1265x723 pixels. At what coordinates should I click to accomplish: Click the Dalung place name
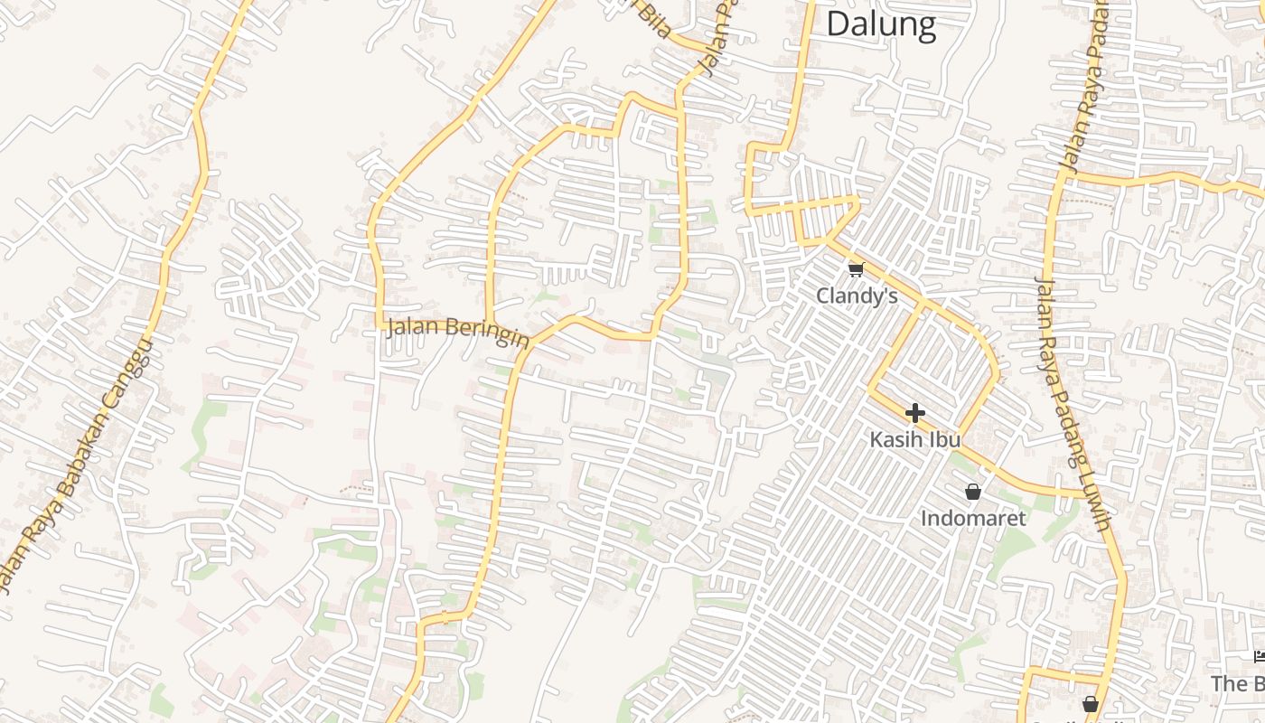[x=881, y=23]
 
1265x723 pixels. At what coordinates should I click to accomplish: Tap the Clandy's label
[x=857, y=296]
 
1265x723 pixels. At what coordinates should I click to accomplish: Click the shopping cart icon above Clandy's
[x=856, y=269]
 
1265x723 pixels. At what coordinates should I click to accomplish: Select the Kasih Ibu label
[x=915, y=439]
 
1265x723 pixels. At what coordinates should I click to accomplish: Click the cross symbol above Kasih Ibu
[x=914, y=413]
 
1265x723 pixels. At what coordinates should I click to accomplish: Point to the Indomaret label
[x=973, y=518]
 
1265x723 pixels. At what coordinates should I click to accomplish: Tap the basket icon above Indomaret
[x=973, y=492]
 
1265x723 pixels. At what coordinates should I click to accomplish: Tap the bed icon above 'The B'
[x=1259, y=656]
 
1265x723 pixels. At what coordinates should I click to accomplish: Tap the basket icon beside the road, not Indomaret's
[x=1091, y=703]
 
